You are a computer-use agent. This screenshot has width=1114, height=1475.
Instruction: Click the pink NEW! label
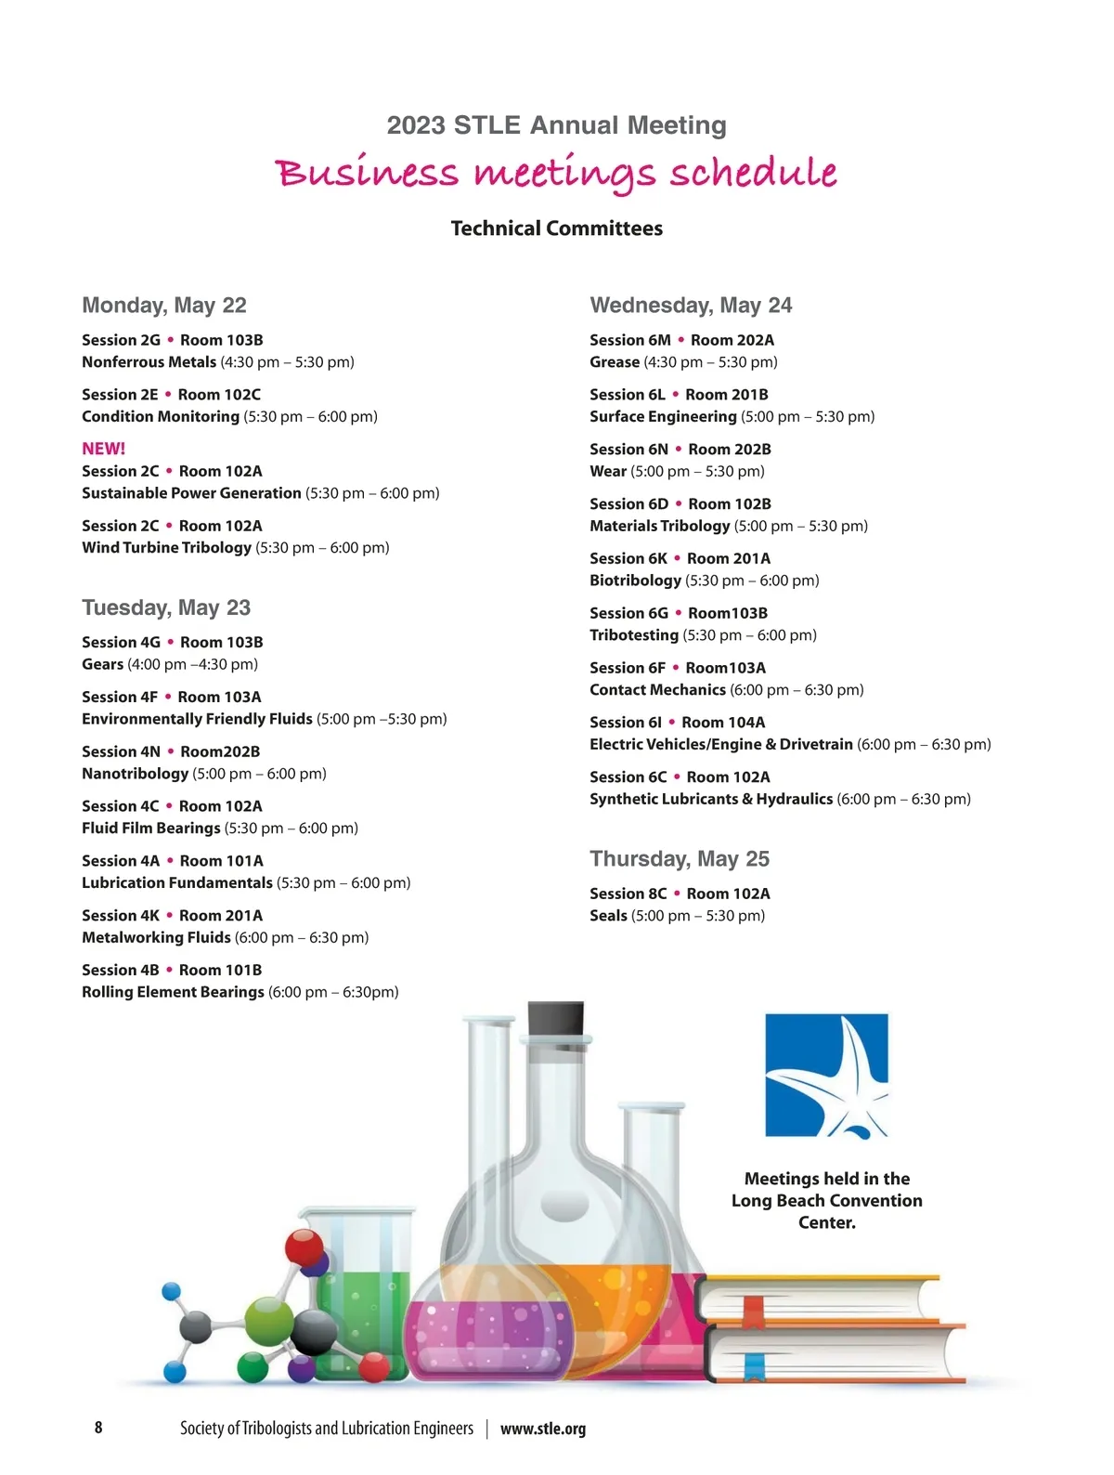tap(103, 449)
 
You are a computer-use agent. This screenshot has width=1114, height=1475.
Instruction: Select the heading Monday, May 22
tap(164, 305)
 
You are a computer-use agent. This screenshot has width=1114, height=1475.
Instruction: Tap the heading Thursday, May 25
tap(680, 858)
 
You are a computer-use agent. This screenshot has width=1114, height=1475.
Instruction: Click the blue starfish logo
tap(826, 1075)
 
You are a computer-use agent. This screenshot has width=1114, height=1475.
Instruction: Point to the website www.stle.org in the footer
tap(543, 1429)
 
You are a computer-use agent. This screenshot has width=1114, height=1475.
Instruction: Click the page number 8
tap(98, 1428)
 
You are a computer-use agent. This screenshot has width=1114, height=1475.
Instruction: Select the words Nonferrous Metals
tap(149, 362)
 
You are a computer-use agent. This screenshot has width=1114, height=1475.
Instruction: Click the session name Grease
tap(615, 362)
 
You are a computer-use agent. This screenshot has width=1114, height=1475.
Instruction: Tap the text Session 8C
tap(628, 894)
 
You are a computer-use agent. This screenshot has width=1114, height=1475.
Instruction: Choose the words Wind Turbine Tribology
tap(166, 548)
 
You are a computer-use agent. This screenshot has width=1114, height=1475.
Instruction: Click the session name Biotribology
tap(635, 581)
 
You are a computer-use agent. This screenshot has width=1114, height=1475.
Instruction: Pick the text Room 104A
tap(723, 723)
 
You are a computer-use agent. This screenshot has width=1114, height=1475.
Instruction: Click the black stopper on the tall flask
tap(556, 1018)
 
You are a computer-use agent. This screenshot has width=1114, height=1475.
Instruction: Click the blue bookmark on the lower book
tap(754, 1364)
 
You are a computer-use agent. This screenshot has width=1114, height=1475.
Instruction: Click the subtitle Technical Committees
tap(557, 228)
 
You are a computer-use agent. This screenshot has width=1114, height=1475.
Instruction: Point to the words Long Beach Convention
tap(826, 1201)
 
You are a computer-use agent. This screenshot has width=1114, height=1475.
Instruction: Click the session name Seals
tap(608, 916)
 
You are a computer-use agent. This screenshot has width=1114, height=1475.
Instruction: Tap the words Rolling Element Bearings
tap(173, 992)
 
